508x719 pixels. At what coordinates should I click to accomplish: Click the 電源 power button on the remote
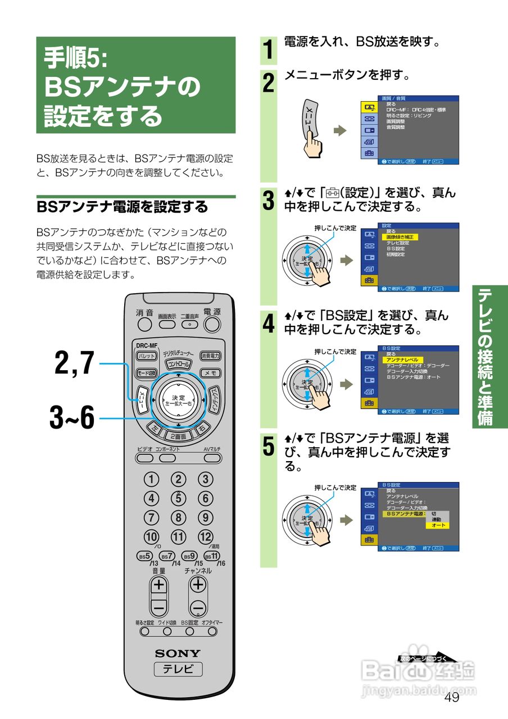click(212, 324)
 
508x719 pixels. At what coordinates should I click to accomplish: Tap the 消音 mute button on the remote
click(144, 324)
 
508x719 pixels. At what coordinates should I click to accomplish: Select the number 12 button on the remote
click(206, 536)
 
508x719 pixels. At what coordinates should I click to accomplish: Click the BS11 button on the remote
click(212, 556)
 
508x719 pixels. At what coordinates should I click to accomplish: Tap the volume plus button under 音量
click(159, 585)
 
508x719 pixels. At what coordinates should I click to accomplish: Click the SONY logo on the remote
click(178, 653)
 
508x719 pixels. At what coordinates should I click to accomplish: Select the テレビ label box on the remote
click(178, 669)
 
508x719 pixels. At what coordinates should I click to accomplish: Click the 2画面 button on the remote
click(178, 436)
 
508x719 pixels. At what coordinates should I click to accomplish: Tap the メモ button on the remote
click(211, 373)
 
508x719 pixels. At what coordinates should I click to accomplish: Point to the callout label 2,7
click(75, 363)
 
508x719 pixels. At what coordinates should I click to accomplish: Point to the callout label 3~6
click(72, 418)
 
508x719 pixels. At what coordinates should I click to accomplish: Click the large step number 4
click(269, 324)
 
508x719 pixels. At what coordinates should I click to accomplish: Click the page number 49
click(451, 697)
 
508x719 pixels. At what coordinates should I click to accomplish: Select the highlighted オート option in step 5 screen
click(438, 525)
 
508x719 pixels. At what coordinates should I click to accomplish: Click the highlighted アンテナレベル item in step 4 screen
click(402, 359)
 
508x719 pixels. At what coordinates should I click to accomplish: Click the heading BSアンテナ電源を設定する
click(122, 207)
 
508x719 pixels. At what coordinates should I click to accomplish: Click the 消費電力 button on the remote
click(211, 356)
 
